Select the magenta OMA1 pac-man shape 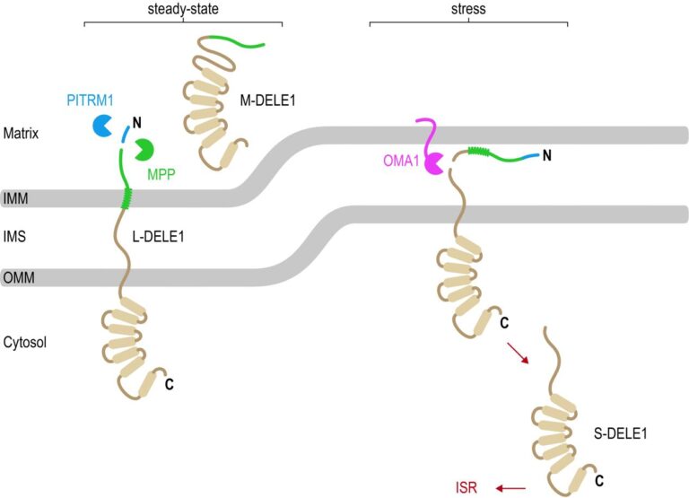click(435, 163)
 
